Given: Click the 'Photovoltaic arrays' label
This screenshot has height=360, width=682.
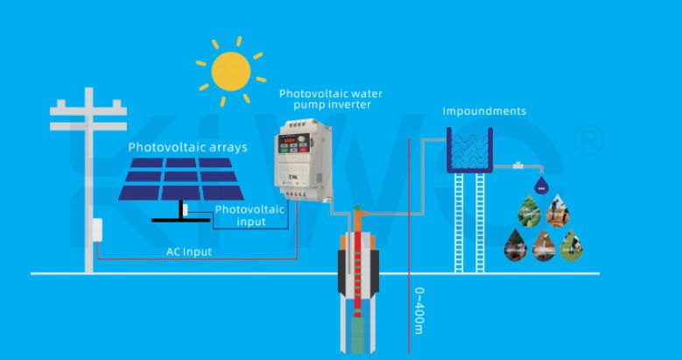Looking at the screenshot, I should coord(187,147).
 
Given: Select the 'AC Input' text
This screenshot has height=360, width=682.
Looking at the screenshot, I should coord(188,251).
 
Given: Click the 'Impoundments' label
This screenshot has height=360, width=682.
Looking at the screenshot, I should coord(484,112).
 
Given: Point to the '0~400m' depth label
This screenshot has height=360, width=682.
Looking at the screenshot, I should coord(419,310).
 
